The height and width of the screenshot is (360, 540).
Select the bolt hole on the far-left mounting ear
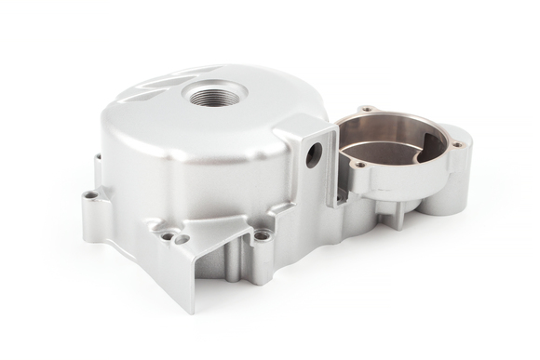click(90, 196)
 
